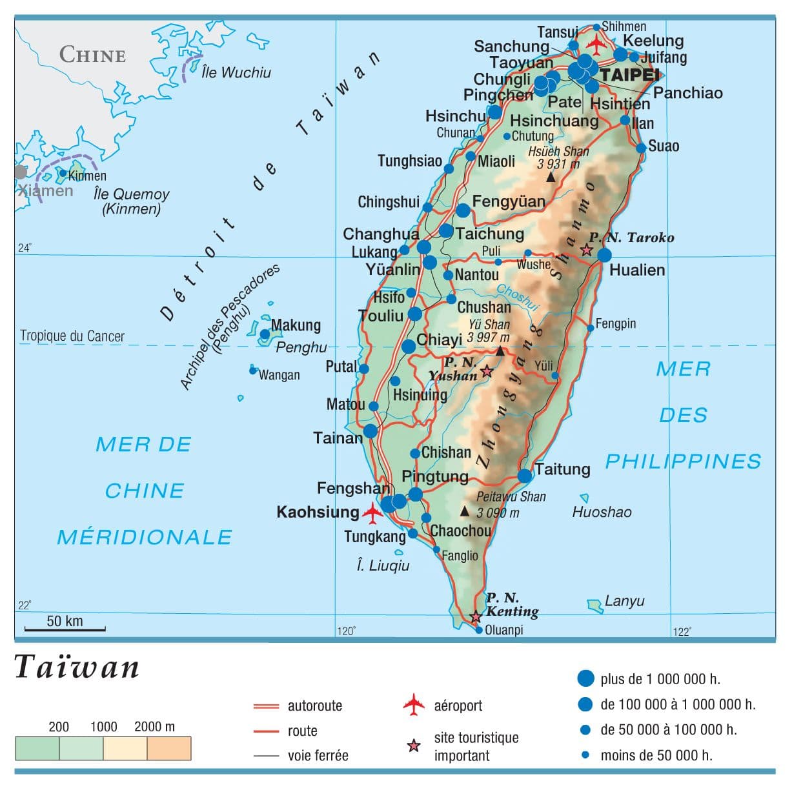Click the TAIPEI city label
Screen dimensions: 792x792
pyautogui.click(x=629, y=76)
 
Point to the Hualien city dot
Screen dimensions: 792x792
pyautogui.click(x=604, y=254)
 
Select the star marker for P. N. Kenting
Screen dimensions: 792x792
pyautogui.click(x=476, y=616)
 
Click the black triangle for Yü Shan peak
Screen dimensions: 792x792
pyautogui.click(x=500, y=351)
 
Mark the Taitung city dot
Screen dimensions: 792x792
pyautogui.click(x=525, y=476)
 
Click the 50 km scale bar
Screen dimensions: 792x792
pyautogui.click(x=65, y=628)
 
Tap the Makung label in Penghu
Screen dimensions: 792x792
pyautogui.click(x=296, y=325)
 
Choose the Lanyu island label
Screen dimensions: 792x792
pyautogui.click(x=624, y=601)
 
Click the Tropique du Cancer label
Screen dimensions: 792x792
pyautogui.click(x=72, y=336)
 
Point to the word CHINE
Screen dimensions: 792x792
pyautogui.click(x=92, y=55)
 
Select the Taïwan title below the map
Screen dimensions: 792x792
pyautogui.click(x=77, y=667)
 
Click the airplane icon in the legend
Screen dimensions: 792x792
pyautogui.click(x=414, y=704)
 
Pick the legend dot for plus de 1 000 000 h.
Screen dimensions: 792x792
pyautogui.click(x=585, y=678)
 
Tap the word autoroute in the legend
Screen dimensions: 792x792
pyautogui.click(x=315, y=706)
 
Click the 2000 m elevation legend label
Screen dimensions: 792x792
pyautogui.click(x=154, y=727)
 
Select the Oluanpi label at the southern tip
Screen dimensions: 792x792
pyautogui.click(x=503, y=630)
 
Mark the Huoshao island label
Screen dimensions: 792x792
pyautogui.click(x=602, y=512)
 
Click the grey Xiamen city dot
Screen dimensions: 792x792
pyautogui.click(x=21, y=172)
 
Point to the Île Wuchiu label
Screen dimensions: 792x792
pyautogui.click(x=236, y=72)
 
